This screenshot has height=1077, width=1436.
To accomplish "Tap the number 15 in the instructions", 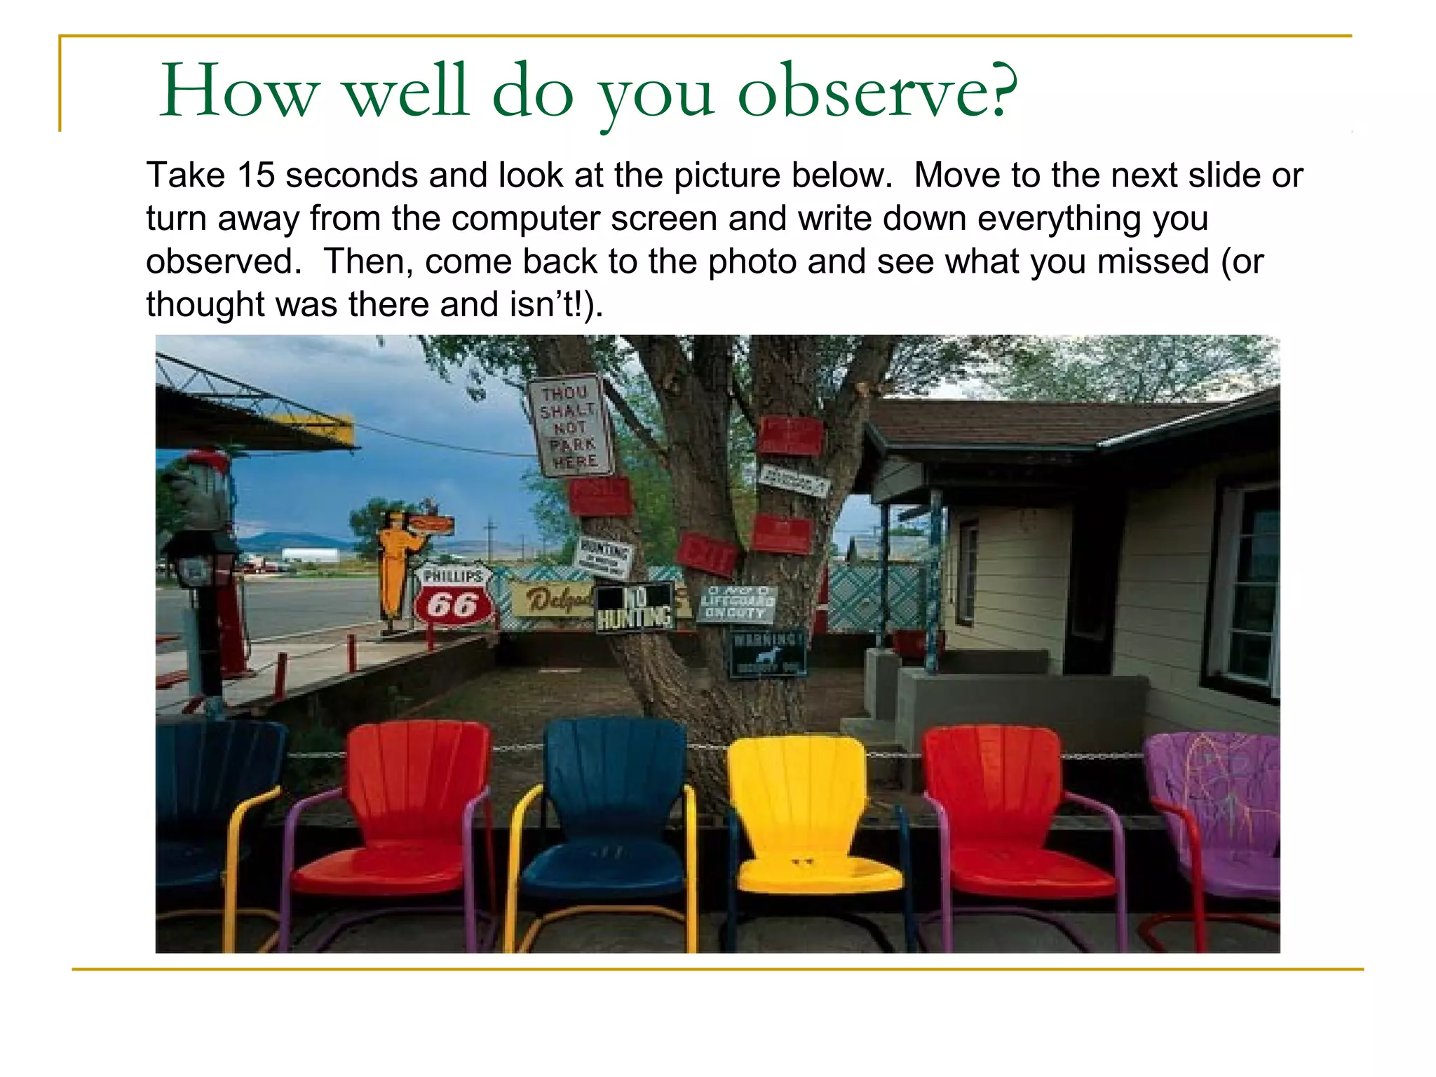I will coord(256,175).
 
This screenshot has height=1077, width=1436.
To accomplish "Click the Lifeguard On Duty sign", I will coord(737,604).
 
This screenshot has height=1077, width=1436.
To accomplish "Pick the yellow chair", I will coord(806,820).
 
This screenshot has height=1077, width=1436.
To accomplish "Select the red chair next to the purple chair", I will coord(1010,820).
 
